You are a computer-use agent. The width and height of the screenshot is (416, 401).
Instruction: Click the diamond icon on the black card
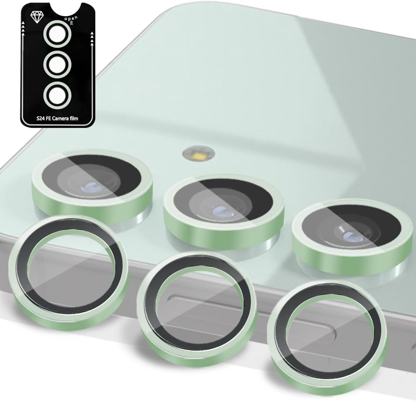pos(36,17)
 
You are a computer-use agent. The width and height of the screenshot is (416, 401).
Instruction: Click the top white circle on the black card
pos(57,34)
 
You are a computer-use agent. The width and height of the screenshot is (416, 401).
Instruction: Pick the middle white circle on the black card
pos(57,64)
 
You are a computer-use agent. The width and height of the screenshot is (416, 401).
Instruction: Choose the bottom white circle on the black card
pos(57,95)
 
